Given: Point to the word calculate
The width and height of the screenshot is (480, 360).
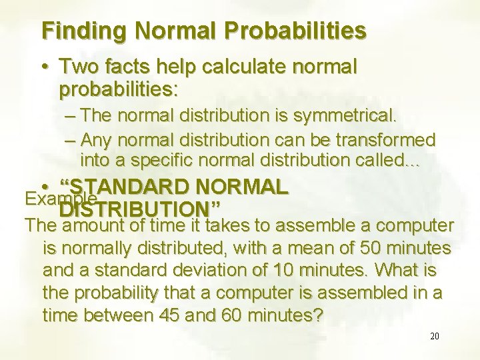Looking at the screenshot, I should (247, 67).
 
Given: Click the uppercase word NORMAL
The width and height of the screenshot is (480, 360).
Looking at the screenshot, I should (246, 187).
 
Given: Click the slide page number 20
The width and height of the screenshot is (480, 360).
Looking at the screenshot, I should (434, 337).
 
